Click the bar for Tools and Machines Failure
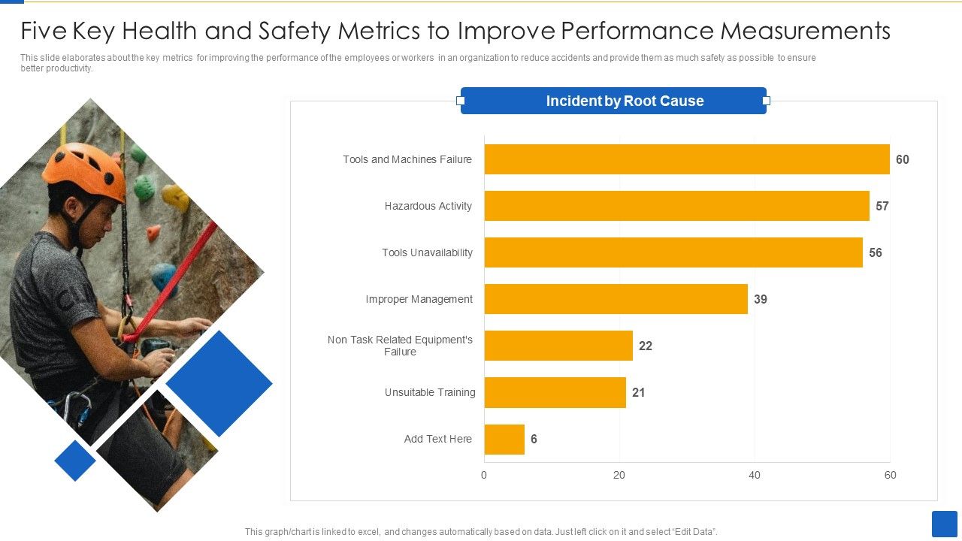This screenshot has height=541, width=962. click(x=687, y=159)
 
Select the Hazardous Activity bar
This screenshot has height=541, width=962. click(x=676, y=206)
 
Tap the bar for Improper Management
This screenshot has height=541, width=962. click(x=616, y=299)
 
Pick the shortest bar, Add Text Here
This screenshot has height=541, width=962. click(x=504, y=439)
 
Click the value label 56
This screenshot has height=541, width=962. click(x=876, y=252)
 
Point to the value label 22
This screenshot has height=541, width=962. click(x=646, y=346)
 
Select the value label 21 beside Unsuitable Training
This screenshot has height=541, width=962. click(x=639, y=392)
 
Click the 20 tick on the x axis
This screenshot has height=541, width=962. click(x=619, y=475)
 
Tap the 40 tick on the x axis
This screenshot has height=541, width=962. click(x=755, y=475)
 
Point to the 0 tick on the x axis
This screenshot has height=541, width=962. click(x=484, y=475)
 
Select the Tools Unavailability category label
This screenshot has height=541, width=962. click(x=427, y=252)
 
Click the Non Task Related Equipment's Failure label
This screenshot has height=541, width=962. click(x=400, y=346)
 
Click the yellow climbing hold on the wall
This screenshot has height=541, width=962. click(x=175, y=197)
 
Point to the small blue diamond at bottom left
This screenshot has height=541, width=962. click(x=75, y=461)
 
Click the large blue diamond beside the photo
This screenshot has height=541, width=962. click(x=219, y=383)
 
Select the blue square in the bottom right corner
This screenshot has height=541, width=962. click(x=944, y=524)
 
